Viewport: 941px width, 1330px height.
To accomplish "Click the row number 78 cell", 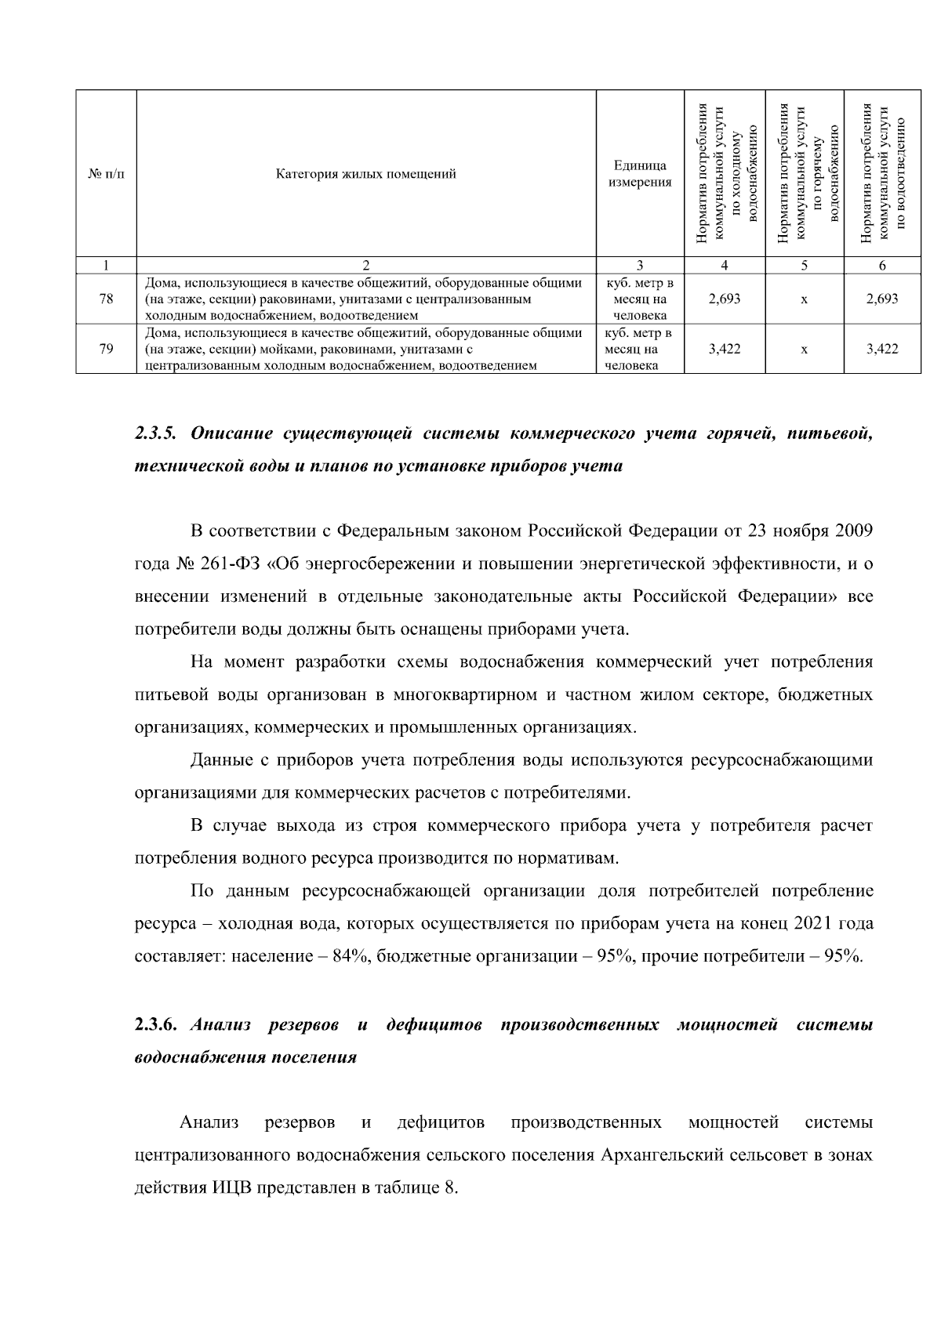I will click(107, 299).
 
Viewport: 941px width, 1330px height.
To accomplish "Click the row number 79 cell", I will click(107, 349).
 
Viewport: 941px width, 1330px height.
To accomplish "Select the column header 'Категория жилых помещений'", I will click(366, 174).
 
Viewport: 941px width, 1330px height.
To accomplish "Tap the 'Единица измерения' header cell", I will click(641, 174).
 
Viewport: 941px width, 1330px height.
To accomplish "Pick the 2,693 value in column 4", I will click(724, 299).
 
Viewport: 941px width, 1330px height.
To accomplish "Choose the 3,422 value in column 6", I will click(882, 349).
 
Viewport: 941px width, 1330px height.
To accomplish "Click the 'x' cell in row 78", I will click(805, 299).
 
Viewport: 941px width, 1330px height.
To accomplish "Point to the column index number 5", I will click(805, 266).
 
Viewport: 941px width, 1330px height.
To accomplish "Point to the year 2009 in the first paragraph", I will click(853, 531).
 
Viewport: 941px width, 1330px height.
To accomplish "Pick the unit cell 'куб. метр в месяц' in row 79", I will click(641, 349).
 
